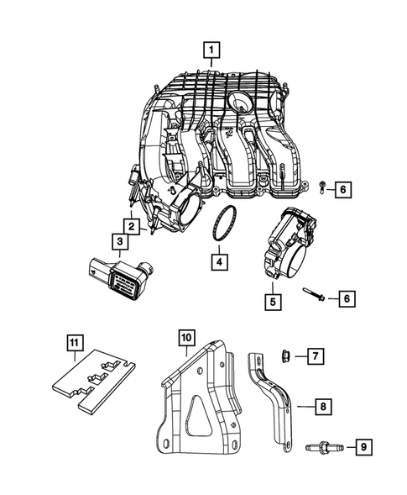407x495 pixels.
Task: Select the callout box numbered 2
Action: point(133,225)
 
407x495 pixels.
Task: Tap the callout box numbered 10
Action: point(185,340)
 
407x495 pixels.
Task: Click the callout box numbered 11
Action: point(75,342)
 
